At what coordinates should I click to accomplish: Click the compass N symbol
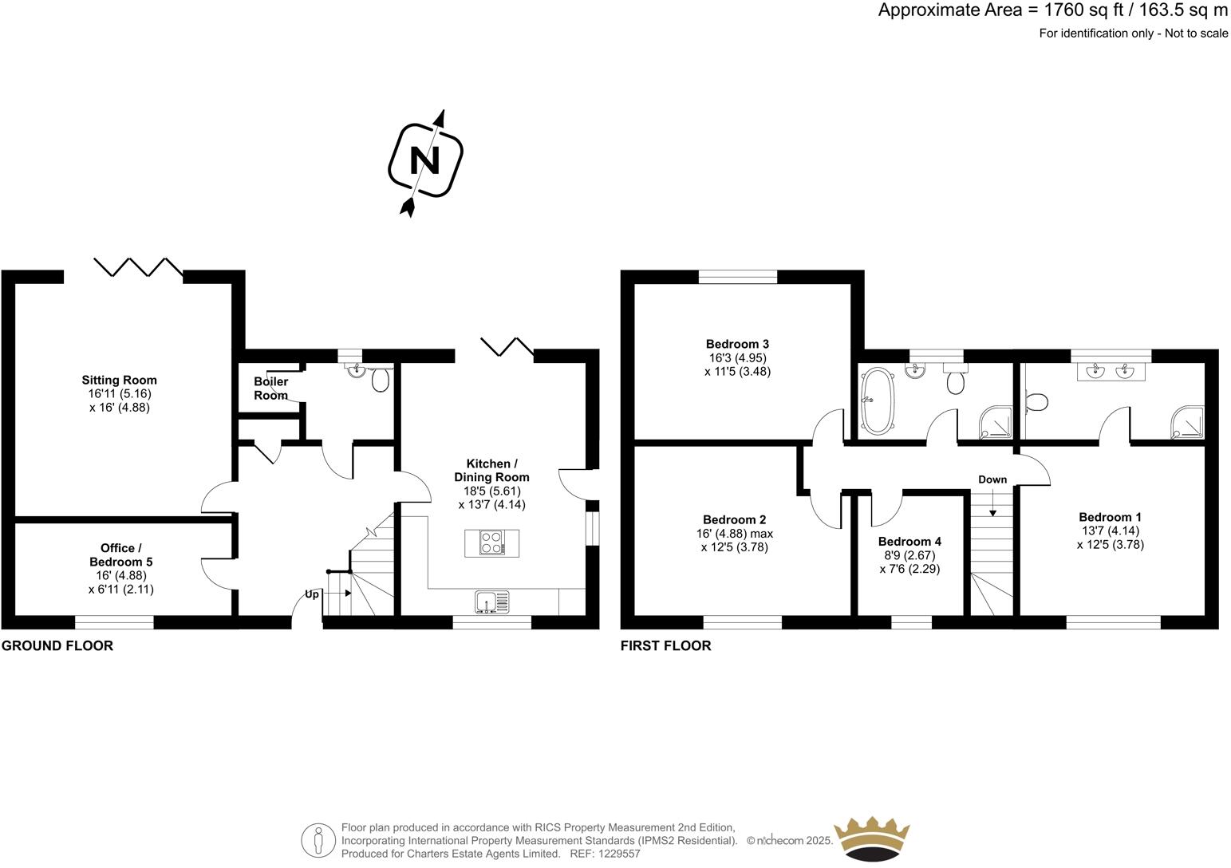pyautogui.click(x=425, y=160)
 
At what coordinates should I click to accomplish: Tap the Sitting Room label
pyautogui.click(x=119, y=380)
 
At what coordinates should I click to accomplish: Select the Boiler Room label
pyautogui.click(x=270, y=389)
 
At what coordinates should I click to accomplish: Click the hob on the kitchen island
pyautogui.click(x=491, y=542)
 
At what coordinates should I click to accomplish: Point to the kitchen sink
pyautogui.click(x=492, y=602)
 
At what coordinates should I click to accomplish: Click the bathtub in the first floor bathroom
pyautogui.click(x=878, y=400)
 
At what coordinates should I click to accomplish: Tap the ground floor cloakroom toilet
pyautogui.click(x=381, y=380)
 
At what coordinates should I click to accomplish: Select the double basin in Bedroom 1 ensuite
pyautogui.click(x=1111, y=371)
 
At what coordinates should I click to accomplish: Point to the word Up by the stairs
pyautogui.click(x=312, y=594)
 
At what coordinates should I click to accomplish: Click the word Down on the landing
pyautogui.click(x=992, y=479)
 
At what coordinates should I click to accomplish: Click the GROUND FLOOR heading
pyautogui.click(x=57, y=645)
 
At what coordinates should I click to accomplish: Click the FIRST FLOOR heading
pyautogui.click(x=665, y=645)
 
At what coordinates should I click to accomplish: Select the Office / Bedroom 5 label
pyautogui.click(x=120, y=554)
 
